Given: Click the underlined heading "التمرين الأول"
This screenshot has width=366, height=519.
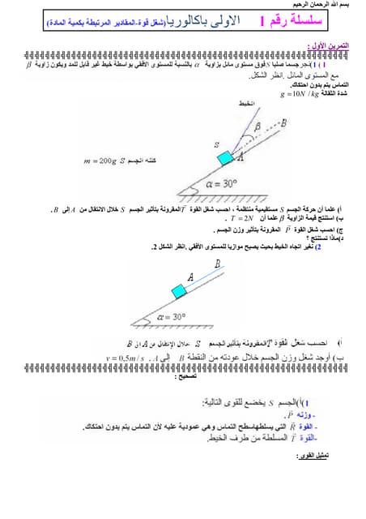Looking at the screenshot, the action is [x=334, y=47].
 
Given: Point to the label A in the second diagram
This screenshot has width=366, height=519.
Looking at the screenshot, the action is [x=190, y=276].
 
